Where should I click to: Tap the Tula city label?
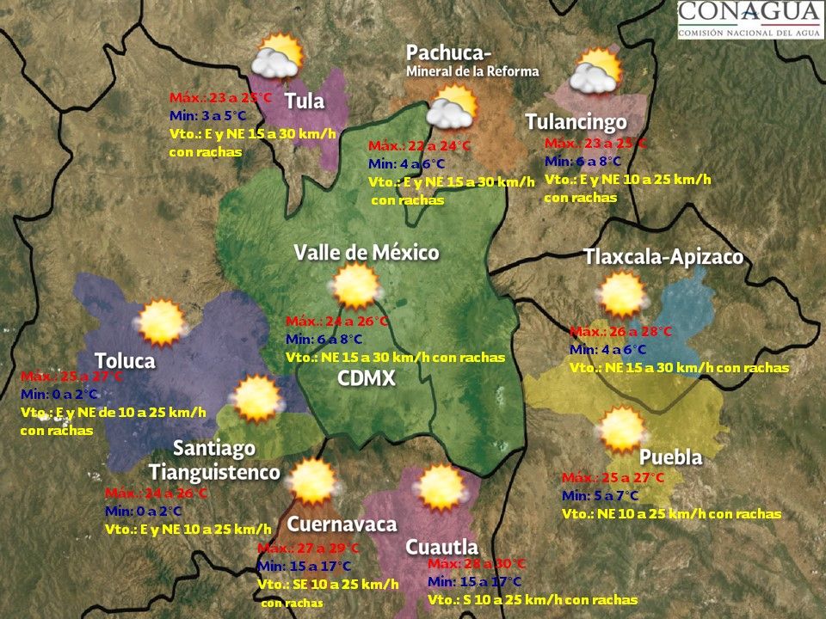tap(305, 101)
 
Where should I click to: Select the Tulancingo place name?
tap(576, 122)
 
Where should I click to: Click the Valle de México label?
tap(367, 253)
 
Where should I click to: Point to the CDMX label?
tap(367, 377)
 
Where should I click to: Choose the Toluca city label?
tap(125, 360)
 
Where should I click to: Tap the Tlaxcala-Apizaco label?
tap(663, 257)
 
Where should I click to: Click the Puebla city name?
tap(670, 457)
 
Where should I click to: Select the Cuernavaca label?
tap(342, 524)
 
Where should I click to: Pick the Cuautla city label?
tap(441, 547)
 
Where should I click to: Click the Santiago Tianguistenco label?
tap(214, 460)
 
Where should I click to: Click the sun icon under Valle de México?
tap(356, 286)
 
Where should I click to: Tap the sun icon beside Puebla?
tap(622, 431)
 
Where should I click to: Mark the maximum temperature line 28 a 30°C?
tap(476, 564)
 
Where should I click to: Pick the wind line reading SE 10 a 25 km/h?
tap(328, 585)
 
